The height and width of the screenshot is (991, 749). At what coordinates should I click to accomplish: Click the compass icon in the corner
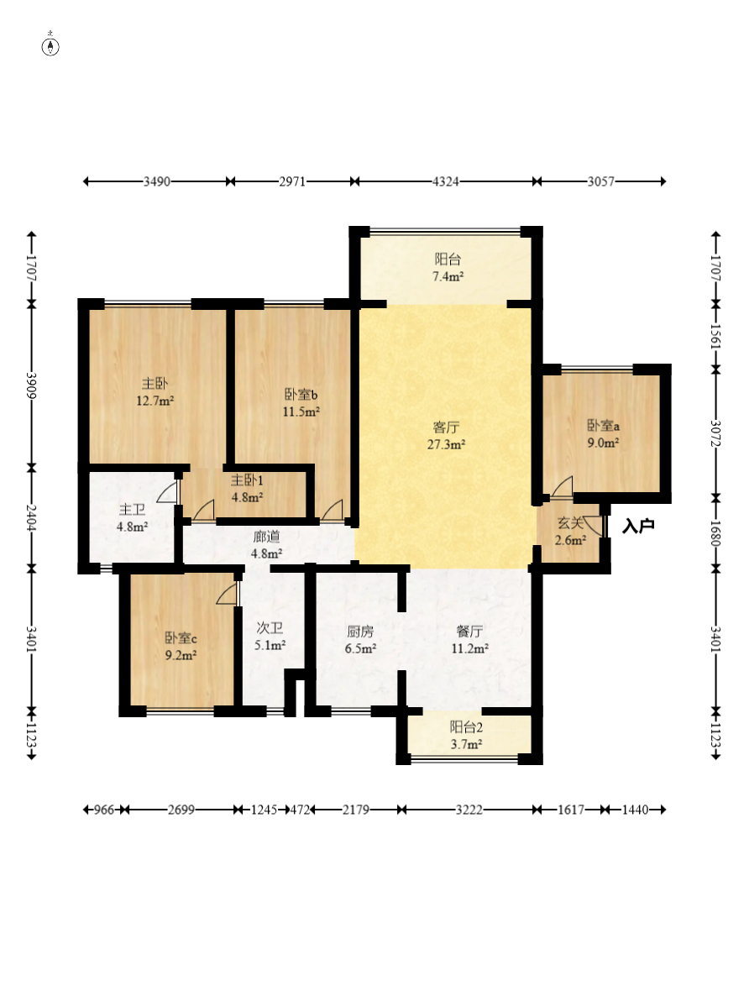click(x=50, y=45)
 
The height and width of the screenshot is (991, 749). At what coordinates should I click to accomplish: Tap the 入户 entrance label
click(x=638, y=526)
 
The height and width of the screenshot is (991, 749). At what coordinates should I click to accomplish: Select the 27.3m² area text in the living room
click(x=446, y=444)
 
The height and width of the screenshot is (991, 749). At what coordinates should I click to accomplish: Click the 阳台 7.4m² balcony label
click(x=448, y=267)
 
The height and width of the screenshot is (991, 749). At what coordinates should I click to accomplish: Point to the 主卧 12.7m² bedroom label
click(x=155, y=392)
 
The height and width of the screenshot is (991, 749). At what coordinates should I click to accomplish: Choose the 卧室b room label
click(x=301, y=395)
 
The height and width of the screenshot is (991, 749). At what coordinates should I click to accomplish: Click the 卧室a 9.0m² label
click(x=603, y=434)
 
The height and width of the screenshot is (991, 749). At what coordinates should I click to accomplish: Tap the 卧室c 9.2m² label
click(x=181, y=647)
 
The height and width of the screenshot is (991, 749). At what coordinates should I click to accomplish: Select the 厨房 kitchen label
click(x=360, y=632)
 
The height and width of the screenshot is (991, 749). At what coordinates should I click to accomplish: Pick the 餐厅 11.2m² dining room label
click(x=469, y=640)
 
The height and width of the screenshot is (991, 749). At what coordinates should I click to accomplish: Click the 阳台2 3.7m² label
click(x=467, y=736)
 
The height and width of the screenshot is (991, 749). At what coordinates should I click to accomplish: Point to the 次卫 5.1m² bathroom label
click(x=270, y=637)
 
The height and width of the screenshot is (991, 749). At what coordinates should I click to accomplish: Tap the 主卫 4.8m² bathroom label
click(x=132, y=517)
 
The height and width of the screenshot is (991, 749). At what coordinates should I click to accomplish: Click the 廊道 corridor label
click(x=266, y=537)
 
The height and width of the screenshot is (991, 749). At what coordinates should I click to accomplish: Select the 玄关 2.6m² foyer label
click(x=571, y=532)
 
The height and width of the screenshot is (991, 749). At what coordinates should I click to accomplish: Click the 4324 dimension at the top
click(x=446, y=182)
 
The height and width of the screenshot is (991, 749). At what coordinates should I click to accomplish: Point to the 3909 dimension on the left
click(x=30, y=385)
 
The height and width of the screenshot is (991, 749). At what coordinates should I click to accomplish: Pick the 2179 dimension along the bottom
click(x=356, y=810)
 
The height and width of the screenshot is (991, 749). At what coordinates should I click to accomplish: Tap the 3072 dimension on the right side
click(x=715, y=433)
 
